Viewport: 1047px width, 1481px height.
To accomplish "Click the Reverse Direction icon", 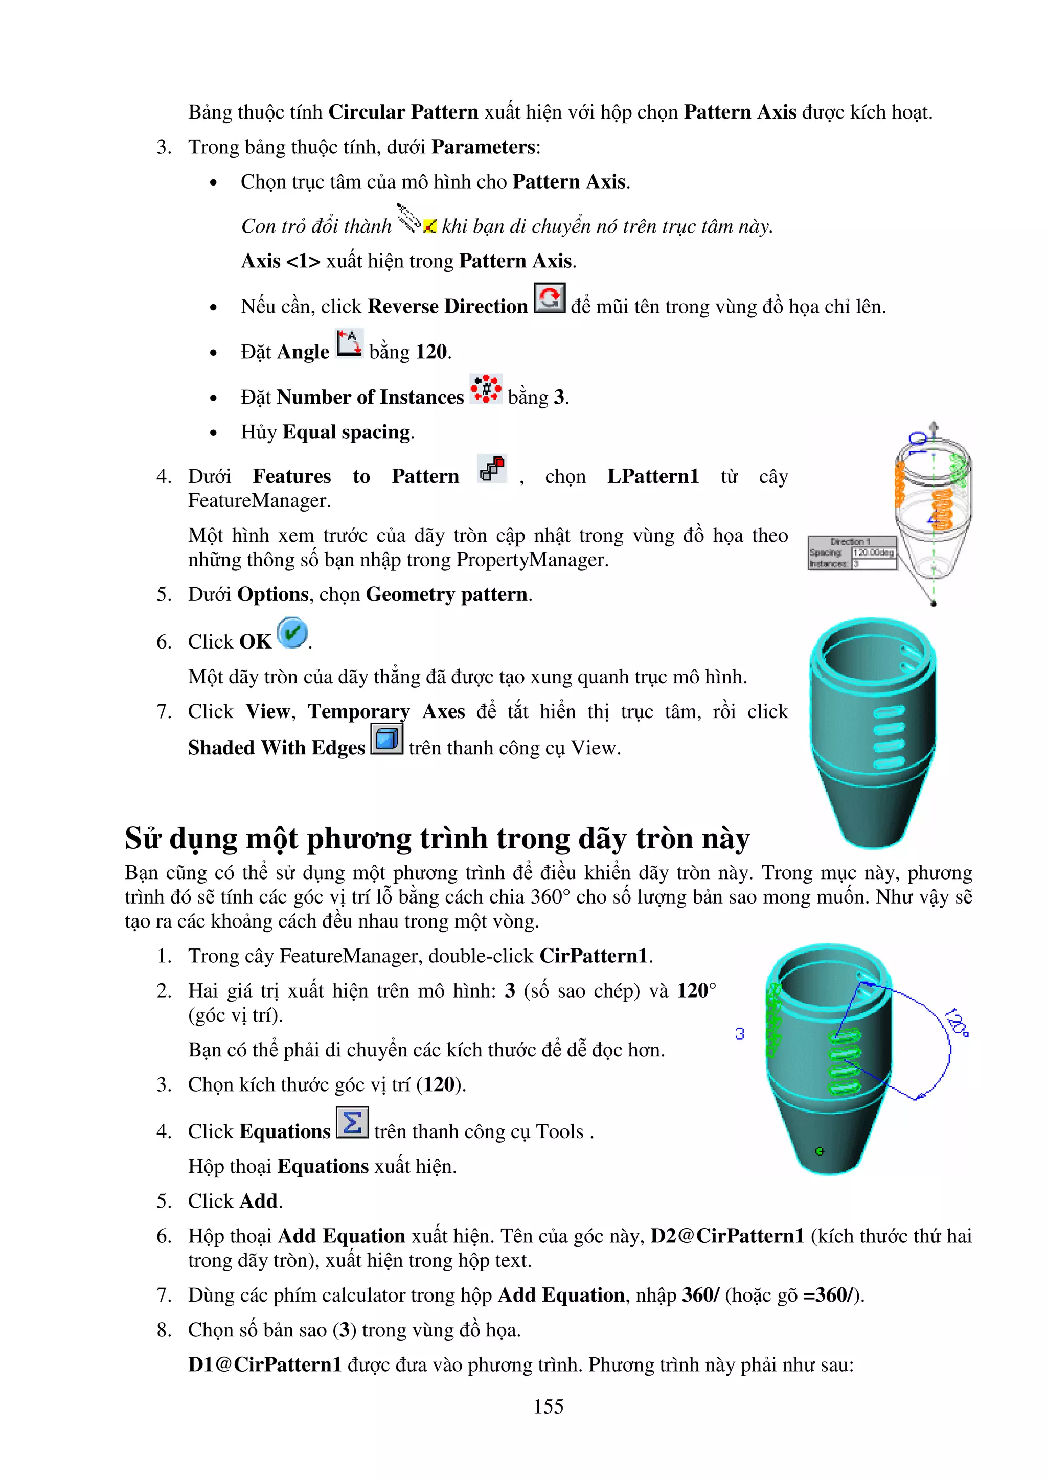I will pyautogui.click(x=549, y=298).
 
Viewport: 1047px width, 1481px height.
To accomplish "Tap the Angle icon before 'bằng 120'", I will pyautogui.click(x=349, y=342).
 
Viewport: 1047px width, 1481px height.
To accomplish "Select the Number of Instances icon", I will pyautogui.click(x=485, y=389).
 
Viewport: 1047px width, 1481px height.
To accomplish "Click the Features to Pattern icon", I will pyautogui.click(x=492, y=468).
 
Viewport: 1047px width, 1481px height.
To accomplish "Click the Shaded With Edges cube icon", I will pyautogui.click(x=386, y=738).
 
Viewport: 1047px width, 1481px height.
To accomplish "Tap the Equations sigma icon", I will pyautogui.click(x=352, y=1123).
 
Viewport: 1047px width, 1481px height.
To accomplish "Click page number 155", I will pyautogui.click(x=549, y=1406).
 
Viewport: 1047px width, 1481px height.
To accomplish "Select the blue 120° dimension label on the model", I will pyautogui.click(x=956, y=1023).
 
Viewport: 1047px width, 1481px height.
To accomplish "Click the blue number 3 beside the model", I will pyautogui.click(x=739, y=1034).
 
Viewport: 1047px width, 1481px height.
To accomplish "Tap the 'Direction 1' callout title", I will pyautogui.click(x=851, y=541).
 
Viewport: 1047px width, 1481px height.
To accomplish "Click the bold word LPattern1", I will pyautogui.click(x=653, y=476).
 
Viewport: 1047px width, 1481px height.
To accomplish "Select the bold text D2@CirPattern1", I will pyautogui.click(x=727, y=1236).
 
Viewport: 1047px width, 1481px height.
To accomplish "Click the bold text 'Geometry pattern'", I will pyautogui.click(x=448, y=594).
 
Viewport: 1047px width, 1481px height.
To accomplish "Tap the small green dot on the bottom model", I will pyautogui.click(x=820, y=1151).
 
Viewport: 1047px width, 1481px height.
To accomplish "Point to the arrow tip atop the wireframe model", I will pyautogui.click(x=934, y=425).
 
